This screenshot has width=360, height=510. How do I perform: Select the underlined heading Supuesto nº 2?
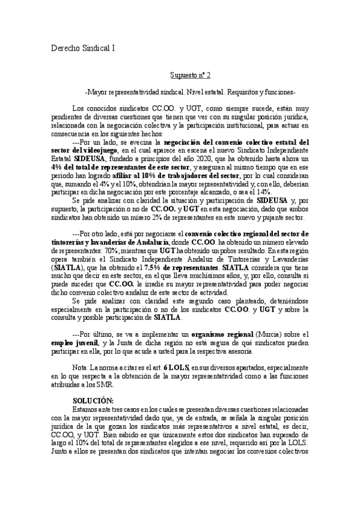click(x=189, y=76)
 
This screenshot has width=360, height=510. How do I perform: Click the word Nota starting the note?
click(x=79, y=366)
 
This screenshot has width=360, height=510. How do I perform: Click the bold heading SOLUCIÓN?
click(x=93, y=400)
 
